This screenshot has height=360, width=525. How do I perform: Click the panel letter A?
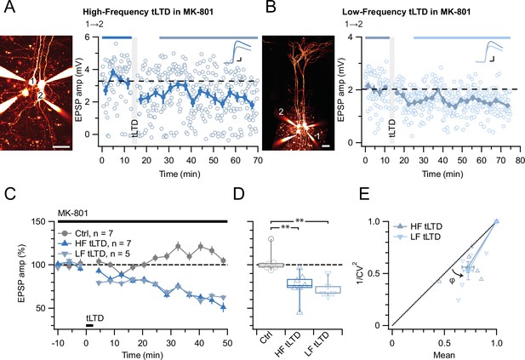[9, 7]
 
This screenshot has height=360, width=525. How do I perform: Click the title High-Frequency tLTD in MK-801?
[148, 12]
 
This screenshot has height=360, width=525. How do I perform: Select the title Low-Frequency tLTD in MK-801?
[406, 12]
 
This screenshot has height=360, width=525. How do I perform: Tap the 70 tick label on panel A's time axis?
[258, 160]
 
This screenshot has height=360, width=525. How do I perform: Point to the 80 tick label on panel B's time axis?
[520, 160]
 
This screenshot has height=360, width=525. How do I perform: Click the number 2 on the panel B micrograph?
[281, 111]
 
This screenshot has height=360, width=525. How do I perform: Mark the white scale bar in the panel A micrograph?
[61, 146]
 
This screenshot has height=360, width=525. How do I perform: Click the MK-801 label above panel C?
[73, 214]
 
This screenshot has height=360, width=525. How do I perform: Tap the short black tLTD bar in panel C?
[89, 325]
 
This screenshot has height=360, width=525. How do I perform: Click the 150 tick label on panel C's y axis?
[39, 221]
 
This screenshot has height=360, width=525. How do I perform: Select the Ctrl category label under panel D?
[265, 338]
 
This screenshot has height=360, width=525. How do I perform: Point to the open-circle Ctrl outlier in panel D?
[271, 239]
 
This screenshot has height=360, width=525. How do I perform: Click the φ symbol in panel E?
[452, 281]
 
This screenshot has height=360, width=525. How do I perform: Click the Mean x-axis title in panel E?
[444, 355]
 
